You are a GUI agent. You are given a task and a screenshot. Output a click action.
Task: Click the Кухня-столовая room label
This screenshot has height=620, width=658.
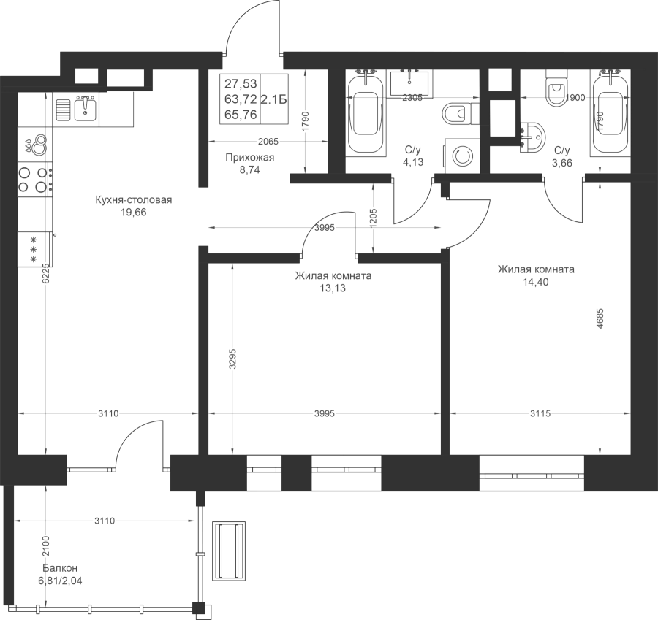tap(134, 199)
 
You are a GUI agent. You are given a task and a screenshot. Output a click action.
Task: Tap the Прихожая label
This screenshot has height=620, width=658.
tap(250, 158)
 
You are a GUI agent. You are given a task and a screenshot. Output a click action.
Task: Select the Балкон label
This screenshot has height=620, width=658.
tap(60, 568)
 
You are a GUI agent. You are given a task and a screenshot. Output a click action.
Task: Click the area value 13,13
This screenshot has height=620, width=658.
tap(333, 288)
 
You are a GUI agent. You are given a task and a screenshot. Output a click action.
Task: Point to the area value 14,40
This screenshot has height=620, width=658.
tap(535, 282)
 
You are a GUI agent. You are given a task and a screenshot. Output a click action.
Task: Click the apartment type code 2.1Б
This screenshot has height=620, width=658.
tap(274, 99)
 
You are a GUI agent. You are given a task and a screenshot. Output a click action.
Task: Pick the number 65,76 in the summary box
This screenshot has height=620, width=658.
tap(241, 115)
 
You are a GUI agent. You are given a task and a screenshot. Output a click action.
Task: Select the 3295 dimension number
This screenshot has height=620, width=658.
tap(232, 359)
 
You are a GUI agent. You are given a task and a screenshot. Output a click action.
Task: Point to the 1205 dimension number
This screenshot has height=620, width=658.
tap(374, 218)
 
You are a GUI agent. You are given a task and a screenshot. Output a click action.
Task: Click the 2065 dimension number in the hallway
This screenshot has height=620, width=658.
tap(268, 142)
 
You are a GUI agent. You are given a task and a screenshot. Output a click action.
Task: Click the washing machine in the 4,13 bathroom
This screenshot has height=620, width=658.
tap(461, 156)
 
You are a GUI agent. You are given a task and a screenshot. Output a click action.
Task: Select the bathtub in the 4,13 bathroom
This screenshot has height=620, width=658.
tap(364, 113)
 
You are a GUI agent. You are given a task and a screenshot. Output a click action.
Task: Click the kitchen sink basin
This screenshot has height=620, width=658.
tap(86, 109)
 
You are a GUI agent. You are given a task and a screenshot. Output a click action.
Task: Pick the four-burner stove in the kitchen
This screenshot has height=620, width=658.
tap(35, 180)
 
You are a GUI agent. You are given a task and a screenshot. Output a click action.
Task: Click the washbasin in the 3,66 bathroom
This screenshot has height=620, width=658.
tap(532, 137)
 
